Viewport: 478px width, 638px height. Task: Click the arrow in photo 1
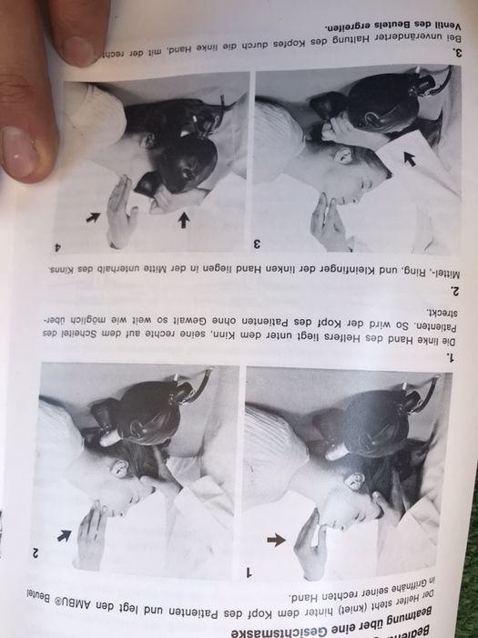275,540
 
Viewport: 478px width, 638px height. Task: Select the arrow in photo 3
409,159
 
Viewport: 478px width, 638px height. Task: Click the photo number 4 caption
58,246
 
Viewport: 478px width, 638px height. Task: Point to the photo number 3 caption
256,243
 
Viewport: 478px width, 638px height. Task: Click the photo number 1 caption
252,571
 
